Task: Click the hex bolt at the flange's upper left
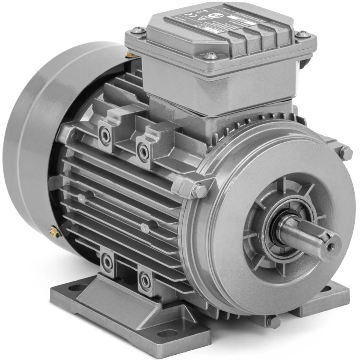pos(199,190)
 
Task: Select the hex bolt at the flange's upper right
pos(346,153)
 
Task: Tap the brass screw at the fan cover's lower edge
pos(55,232)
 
